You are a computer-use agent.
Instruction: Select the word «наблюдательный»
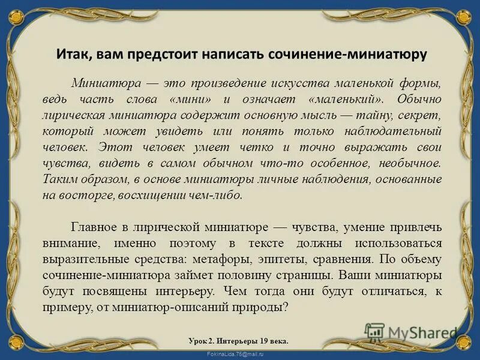tap(397, 130)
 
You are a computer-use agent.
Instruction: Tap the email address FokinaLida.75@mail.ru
tap(239, 355)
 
